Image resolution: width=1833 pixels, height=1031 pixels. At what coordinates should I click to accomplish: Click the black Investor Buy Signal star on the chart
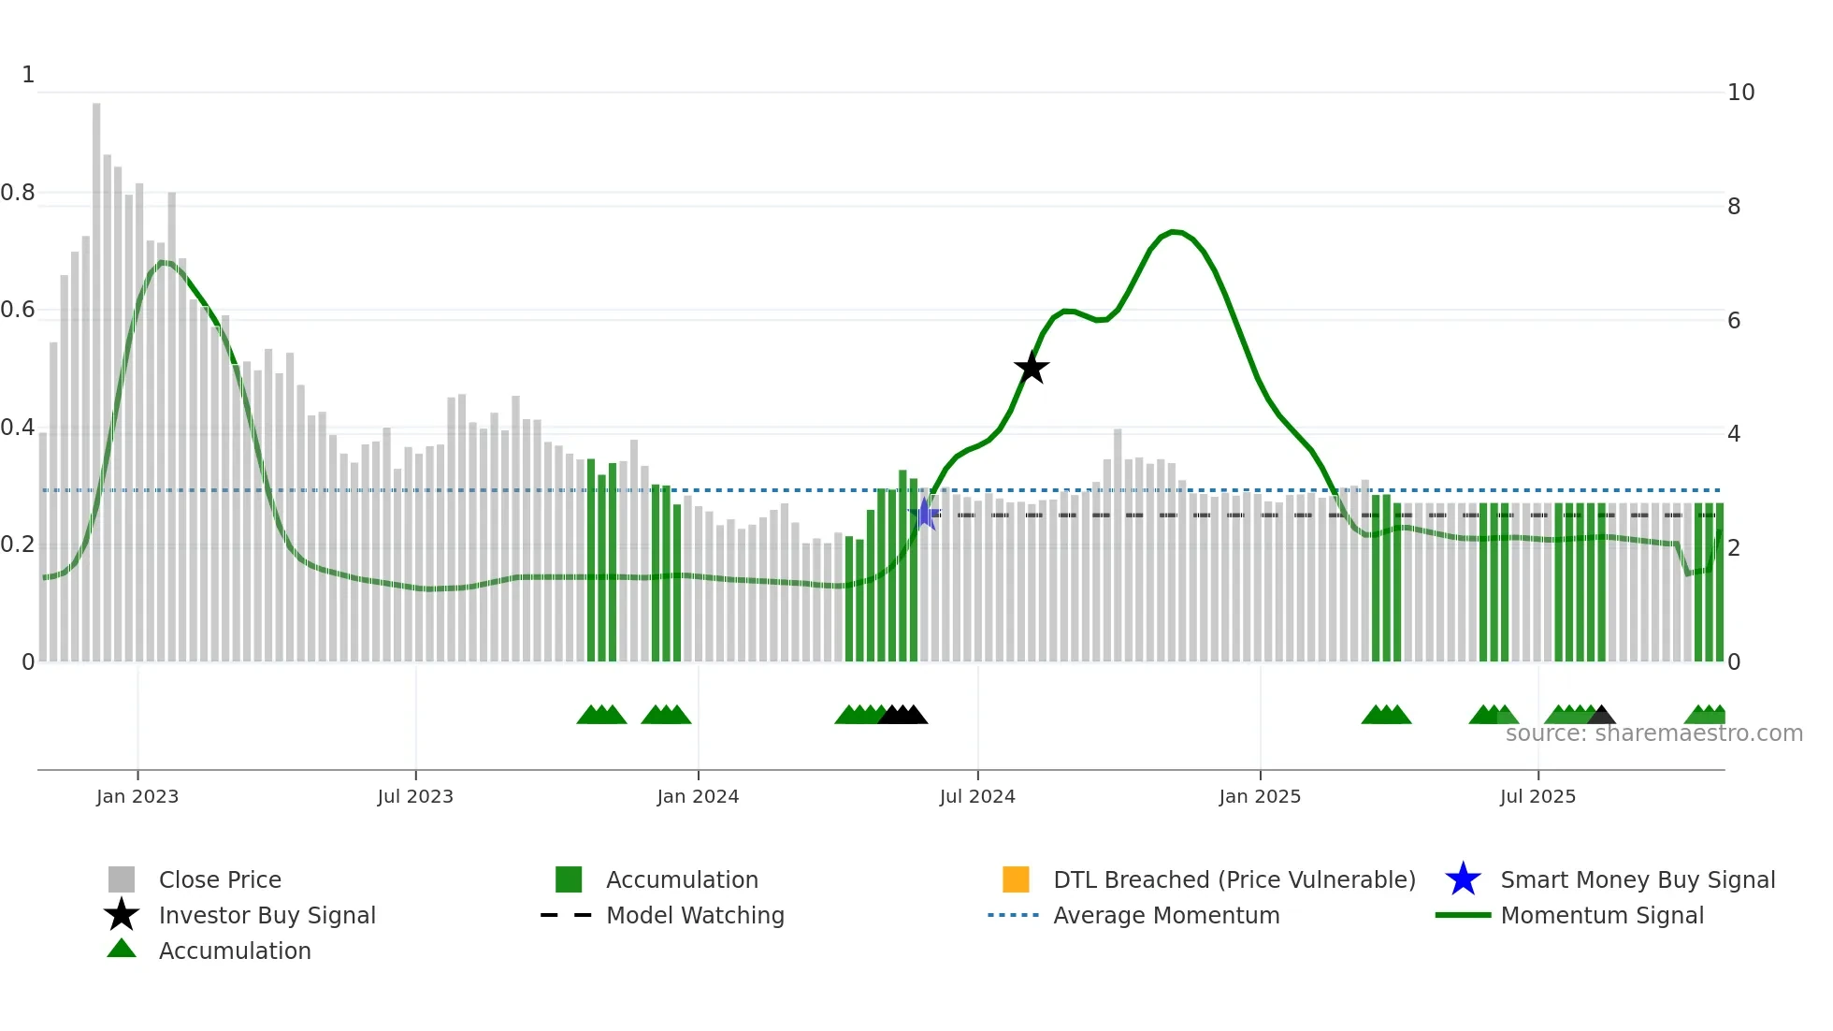click(x=1032, y=368)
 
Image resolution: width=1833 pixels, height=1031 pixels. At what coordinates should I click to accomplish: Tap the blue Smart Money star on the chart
click(x=925, y=514)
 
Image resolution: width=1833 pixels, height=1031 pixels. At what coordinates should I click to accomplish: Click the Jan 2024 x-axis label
click(x=698, y=796)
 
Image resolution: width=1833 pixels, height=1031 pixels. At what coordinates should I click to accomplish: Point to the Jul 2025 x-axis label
click(x=1537, y=796)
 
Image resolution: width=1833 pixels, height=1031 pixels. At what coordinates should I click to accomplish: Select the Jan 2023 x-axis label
click(x=137, y=796)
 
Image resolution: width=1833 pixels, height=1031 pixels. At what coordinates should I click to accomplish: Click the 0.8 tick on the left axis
click(x=18, y=193)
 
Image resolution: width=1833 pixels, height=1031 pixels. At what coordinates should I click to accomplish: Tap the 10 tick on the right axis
click(x=1740, y=93)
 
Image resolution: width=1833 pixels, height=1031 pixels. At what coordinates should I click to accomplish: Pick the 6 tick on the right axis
click(x=1734, y=321)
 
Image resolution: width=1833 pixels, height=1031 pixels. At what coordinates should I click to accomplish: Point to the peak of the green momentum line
click(x=1175, y=231)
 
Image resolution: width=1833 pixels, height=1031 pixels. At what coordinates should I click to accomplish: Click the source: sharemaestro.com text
click(x=1653, y=733)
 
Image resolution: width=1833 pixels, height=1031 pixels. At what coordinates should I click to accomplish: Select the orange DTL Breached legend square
click(x=1016, y=879)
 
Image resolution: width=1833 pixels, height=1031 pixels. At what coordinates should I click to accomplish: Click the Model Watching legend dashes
click(x=567, y=915)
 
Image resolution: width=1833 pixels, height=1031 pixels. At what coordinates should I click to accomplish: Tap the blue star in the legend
click(x=1463, y=879)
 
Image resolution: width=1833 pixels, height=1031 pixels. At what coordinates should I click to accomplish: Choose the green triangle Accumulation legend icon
click(x=122, y=950)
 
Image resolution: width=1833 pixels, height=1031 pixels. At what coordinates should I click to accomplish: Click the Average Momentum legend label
click(x=1166, y=915)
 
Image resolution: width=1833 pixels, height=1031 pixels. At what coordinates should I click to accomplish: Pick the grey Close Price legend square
click(x=122, y=879)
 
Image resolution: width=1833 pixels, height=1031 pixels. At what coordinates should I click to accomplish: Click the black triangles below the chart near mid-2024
click(x=903, y=716)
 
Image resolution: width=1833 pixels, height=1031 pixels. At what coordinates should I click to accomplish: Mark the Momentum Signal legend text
click(x=1602, y=915)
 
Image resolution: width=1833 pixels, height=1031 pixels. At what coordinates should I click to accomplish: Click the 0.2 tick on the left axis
click(x=18, y=545)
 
